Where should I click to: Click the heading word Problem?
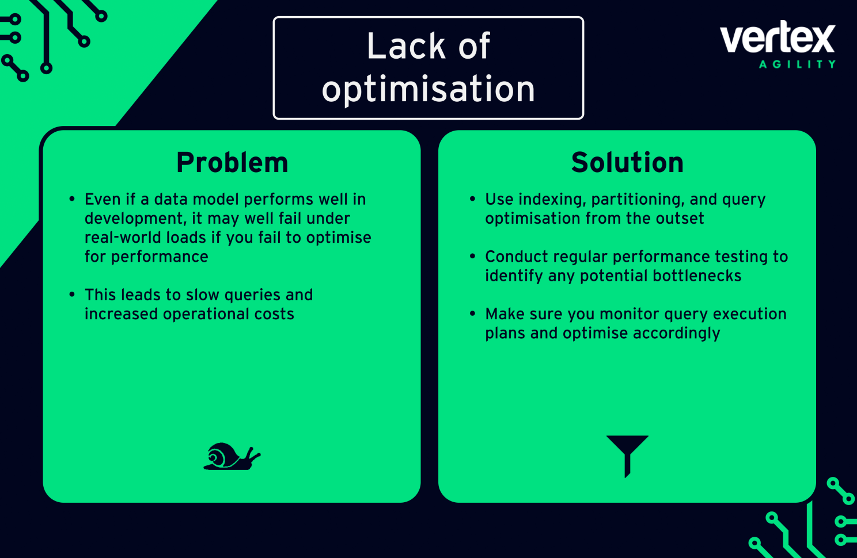[x=232, y=163]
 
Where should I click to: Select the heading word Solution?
[x=627, y=163]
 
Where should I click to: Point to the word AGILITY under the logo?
[x=797, y=64]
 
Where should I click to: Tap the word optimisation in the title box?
[x=428, y=89]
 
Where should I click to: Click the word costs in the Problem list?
[x=274, y=314]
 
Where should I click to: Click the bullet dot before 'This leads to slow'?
[x=72, y=295]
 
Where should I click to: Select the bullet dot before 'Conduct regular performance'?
[x=472, y=256]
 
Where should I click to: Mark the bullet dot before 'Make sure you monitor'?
[x=472, y=314]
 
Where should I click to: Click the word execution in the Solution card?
[x=749, y=314]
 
